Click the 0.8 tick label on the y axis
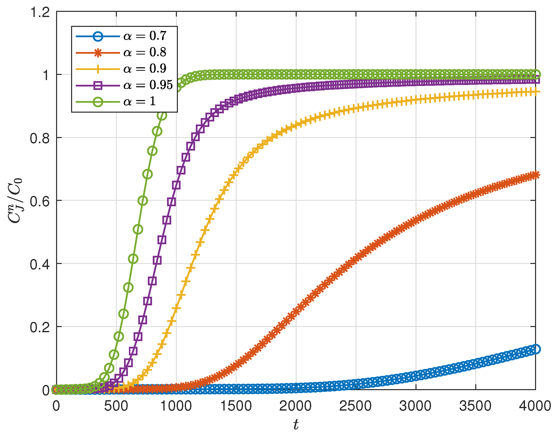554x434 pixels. [x=40, y=139]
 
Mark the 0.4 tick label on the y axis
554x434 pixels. [x=40, y=264]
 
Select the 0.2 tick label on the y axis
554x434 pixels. [x=40, y=328]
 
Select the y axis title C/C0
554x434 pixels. [x=15, y=201]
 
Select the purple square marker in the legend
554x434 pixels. [x=98, y=85]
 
